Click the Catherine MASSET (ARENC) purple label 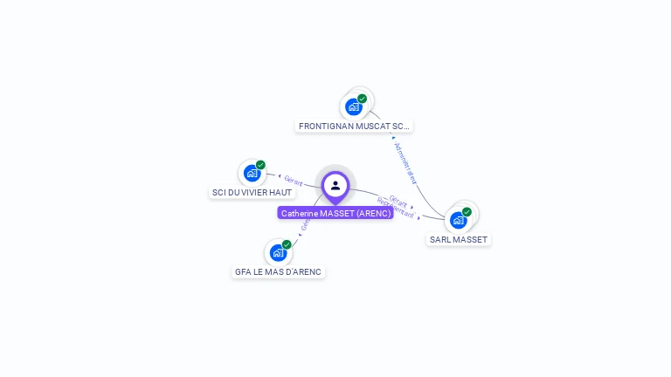[335, 213]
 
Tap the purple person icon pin [335, 185]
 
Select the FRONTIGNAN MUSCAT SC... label [354, 127]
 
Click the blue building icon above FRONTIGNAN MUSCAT [354, 107]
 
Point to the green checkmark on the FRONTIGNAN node [363, 99]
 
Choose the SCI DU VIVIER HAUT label [252, 192]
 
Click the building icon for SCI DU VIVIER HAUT [252, 173]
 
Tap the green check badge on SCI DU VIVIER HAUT [260, 165]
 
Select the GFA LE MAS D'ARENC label [278, 271]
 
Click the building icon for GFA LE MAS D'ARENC [278, 253]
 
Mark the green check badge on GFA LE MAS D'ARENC [287, 244]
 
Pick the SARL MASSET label [459, 239]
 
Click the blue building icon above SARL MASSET [459, 220]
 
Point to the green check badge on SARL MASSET [467, 212]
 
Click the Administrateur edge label [405, 162]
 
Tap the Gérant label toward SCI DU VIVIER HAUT [294, 181]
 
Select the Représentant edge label [396, 209]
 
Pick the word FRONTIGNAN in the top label [325, 127]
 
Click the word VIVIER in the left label [254, 192]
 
